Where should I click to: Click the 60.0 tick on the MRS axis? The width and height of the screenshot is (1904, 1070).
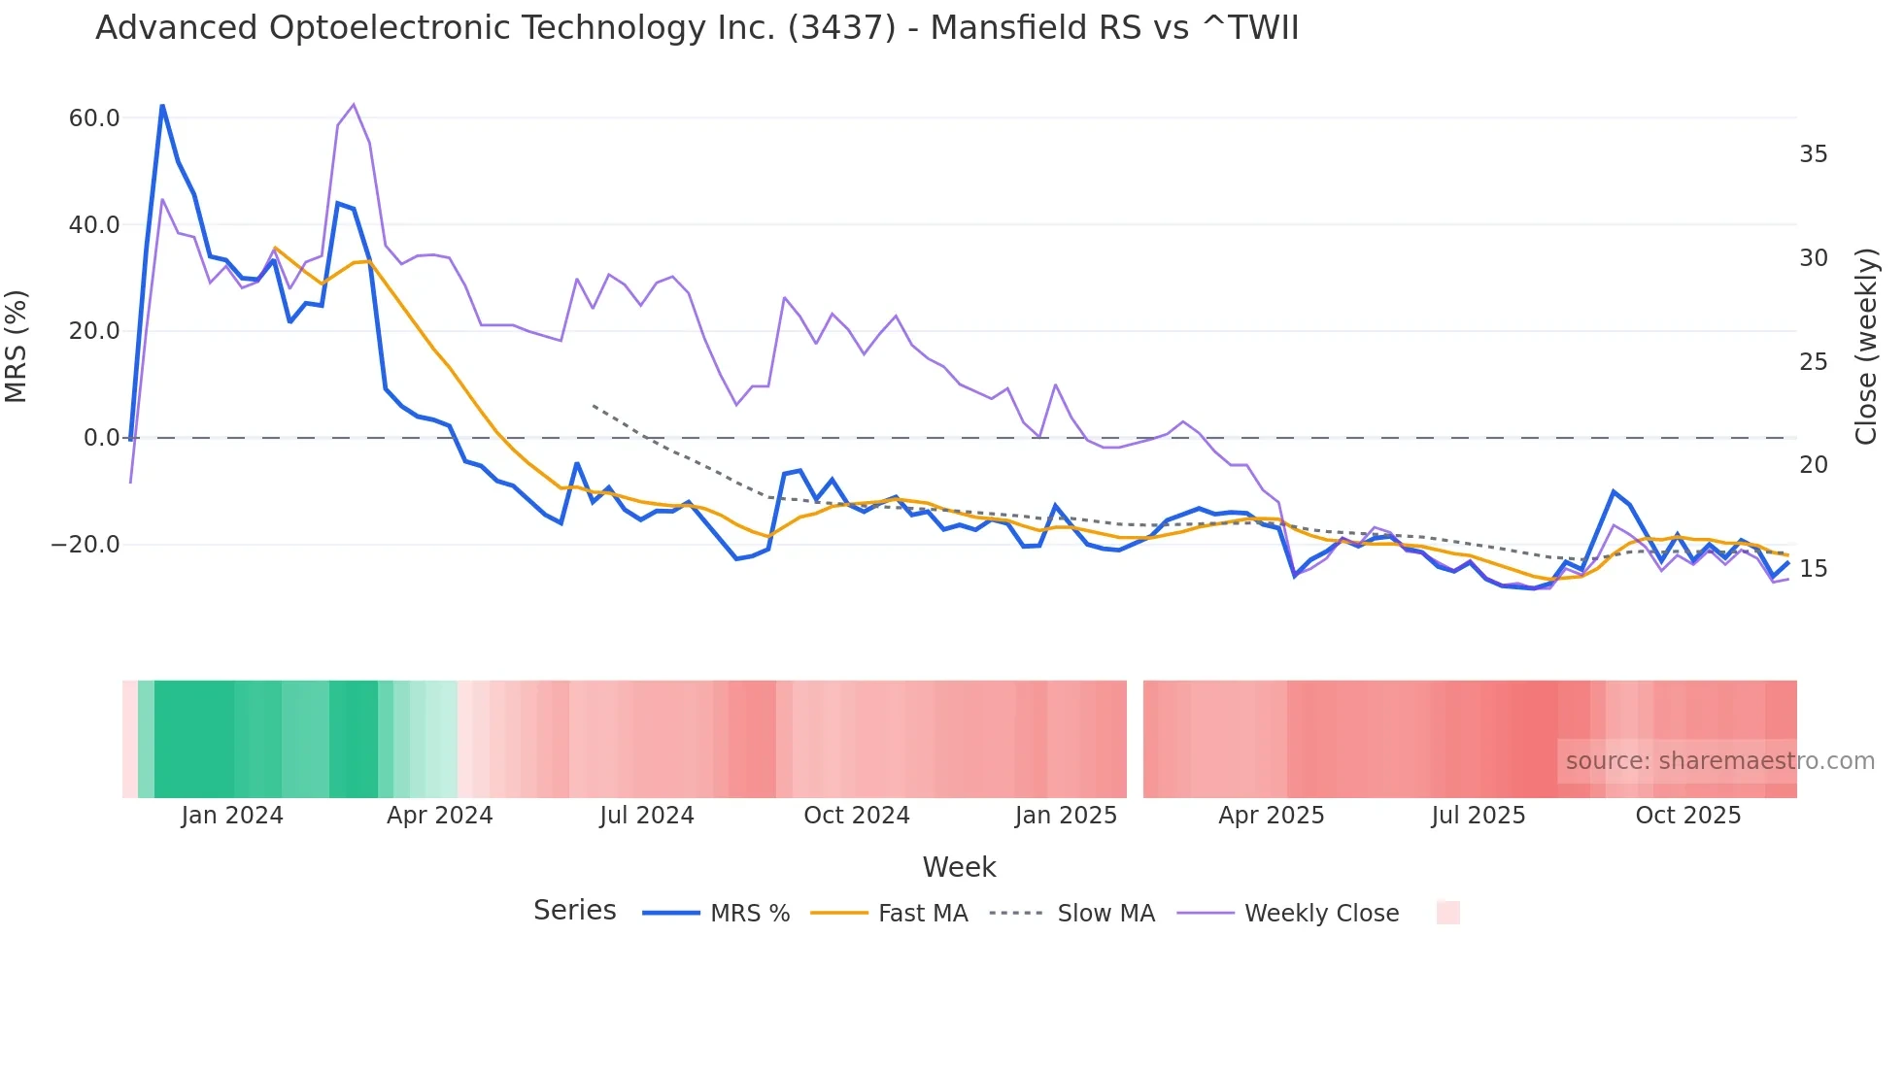click(94, 118)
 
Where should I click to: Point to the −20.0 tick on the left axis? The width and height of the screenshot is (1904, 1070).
click(85, 545)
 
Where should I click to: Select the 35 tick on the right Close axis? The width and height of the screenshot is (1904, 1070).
click(1813, 154)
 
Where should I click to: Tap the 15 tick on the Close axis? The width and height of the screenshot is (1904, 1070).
click(1813, 569)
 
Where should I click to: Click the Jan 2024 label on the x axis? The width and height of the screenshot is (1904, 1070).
click(232, 816)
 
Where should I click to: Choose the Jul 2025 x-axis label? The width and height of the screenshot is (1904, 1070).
click(1478, 816)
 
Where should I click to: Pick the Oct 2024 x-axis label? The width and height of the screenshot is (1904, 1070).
click(856, 816)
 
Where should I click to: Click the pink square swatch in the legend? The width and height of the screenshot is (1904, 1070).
click(1447, 913)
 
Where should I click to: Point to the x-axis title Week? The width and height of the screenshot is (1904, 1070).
click(959, 867)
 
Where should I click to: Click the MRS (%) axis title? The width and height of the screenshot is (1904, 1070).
click(17, 347)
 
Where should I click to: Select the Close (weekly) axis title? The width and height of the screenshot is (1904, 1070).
click(1866, 347)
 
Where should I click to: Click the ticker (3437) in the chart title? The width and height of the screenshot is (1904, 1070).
click(841, 28)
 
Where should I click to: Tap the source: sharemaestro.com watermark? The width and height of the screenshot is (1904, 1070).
click(1719, 761)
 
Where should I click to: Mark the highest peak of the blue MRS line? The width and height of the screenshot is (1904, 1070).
click(162, 106)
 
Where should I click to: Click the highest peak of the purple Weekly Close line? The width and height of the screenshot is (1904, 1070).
click(353, 104)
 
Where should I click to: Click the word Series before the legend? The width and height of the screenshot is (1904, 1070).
click(574, 911)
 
